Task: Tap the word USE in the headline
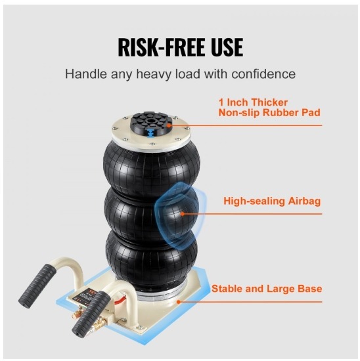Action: tap(224, 47)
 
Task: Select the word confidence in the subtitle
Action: tap(263, 74)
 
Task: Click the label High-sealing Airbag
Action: tap(272, 202)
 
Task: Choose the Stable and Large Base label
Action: tap(267, 289)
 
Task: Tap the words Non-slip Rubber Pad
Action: tap(269, 113)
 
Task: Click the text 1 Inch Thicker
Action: tap(253, 102)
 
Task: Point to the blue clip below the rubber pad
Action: tap(150, 133)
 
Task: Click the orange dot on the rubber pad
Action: tap(169, 125)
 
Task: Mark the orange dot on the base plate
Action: tap(178, 301)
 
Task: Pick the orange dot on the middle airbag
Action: tap(182, 214)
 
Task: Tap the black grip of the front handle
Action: tap(91, 314)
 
